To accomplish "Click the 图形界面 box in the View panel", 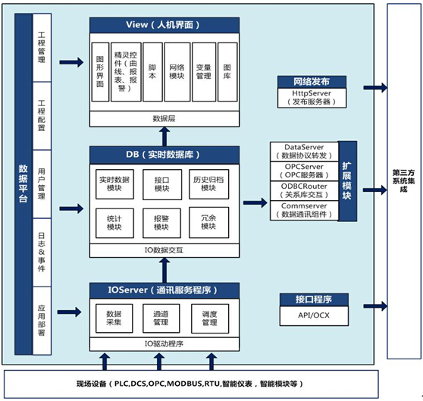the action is click(x=100, y=72).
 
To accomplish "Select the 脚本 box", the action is click(x=152, y=72).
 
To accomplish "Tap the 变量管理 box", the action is click(x=204, y=72).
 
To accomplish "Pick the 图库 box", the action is click(x=227, y=72).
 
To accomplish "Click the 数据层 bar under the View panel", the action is click(x=164, y=119).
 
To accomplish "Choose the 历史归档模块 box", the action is click(x=208, y=184).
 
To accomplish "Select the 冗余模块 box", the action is click(x=208, y=222).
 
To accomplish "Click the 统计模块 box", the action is click(x=114, y=223).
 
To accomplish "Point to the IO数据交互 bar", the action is click(x=164, y=250).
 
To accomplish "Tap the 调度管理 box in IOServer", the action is click(x=210, y=318).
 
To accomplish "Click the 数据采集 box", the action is click(x=114, y=318).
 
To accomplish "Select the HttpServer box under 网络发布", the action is click(x=312, y=98).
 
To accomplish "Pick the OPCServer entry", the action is click(x=304, y=171).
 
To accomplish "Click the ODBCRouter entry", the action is click(x=304, y=191).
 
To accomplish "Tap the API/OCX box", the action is click(x=314, y=316).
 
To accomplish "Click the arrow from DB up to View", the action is click(x=164, y=136).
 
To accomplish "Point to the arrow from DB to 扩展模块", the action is click(x=255, y=203).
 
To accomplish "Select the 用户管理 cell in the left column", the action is click(x=42, y=184).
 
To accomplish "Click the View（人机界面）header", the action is click(x=164, y=25).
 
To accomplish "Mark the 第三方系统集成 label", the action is click(x=403, y=180).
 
